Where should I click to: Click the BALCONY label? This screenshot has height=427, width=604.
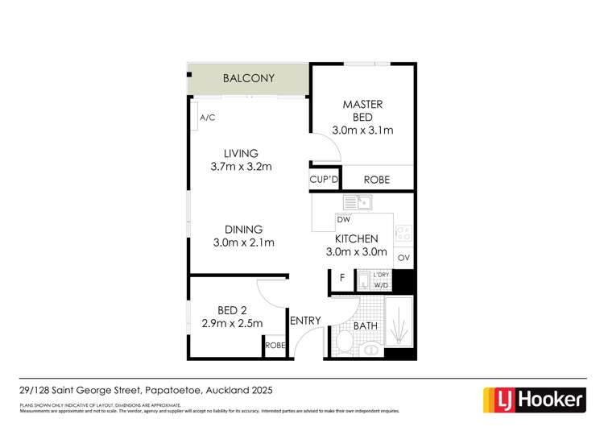tap(249, 79)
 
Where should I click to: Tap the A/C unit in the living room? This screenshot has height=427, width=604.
tap(207, 118)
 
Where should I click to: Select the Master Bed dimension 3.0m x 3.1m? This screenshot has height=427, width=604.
tap(362, 131)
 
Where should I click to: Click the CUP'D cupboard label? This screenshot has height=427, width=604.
tap(324, 180)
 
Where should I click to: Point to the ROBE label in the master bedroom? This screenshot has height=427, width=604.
tap(377, 180)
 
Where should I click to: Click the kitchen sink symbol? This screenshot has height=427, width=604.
tap(356, 201)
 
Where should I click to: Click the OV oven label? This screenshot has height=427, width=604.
tap(403, 259)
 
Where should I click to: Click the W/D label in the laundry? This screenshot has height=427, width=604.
tap(379, 284)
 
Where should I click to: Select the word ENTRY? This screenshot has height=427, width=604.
tap(306, 321)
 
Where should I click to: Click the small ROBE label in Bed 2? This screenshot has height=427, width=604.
tap(275, 344)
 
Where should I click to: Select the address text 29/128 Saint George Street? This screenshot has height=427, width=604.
tap(81, 390)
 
